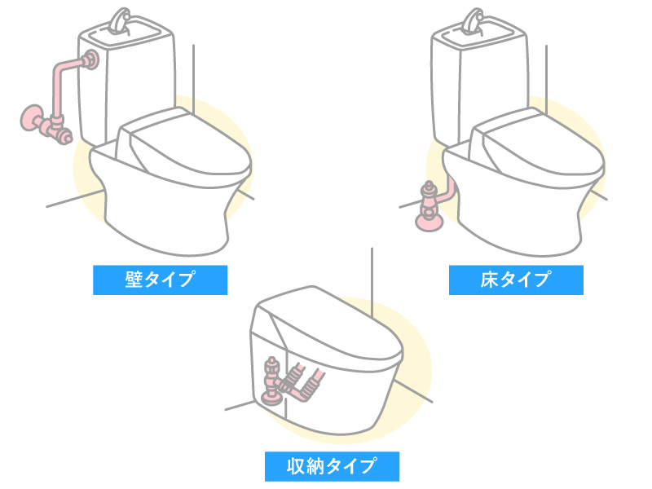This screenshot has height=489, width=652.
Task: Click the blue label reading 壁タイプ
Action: pyautogui.click(x=160, y=280)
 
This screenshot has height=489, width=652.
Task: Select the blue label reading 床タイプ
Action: pyautogui.click(x=516, y=280)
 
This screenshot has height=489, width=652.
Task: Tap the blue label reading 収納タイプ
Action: pyautogui.click(x=332, y=465)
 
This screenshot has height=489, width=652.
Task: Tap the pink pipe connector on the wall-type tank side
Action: pyautogui.click(x=88, y=59)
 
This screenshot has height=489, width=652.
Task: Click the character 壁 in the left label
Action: pyautogui.click(x=134, y=280)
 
